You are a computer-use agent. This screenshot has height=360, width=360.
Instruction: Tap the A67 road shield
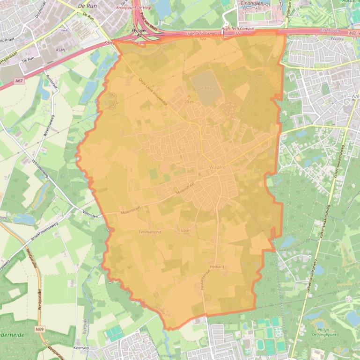[x=19, y=81]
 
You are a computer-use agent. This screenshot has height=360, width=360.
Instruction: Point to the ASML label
[x=61, y=50]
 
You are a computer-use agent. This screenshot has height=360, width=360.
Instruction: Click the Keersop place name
[x=82, y=348]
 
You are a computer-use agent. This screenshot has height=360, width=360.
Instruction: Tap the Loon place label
[x=186, y=230]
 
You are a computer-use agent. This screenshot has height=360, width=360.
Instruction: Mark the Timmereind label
[x=150, y=232]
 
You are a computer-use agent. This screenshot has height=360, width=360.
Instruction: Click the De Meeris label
[x=206, y=88]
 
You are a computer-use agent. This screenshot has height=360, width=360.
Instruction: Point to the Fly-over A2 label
[x=137, y=32]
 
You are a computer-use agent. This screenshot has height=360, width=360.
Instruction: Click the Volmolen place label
[x=90, y=216]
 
